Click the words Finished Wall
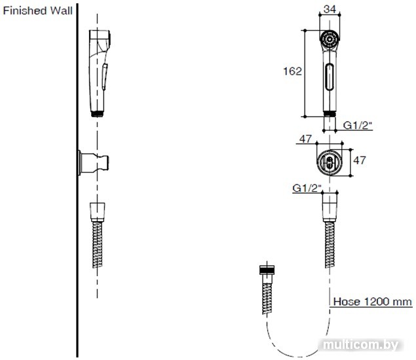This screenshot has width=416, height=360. (x=37, y=11)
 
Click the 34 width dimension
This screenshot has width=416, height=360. (x=330, y=9)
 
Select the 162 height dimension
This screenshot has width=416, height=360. (x=292, y=71)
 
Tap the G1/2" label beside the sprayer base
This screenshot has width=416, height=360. (x=358, y=125)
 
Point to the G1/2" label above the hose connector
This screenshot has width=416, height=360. (x=307, y=188)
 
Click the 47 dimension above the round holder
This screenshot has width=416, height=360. (x=305, y=139)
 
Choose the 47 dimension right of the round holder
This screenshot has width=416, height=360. (x=360, y=160)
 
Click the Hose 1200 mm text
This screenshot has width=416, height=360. (x=373, y=302)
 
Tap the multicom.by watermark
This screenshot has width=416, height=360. (x=361, y=345)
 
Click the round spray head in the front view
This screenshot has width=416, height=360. (x=330, y=40)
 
